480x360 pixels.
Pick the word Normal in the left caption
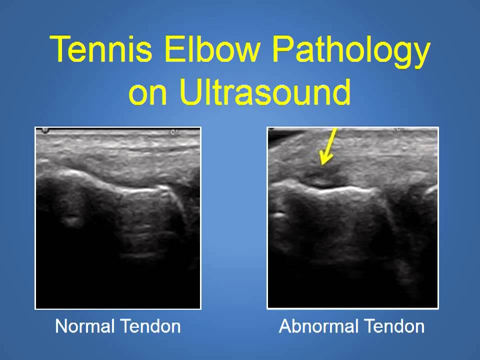(x=84, y=326)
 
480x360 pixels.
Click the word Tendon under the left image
(x=150, y=326)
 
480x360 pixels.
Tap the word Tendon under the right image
(x=394, y=326)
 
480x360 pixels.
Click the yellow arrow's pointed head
(x=324, y=161)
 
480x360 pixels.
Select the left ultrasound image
(x=118, y=217)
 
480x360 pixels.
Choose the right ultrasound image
(x=353, y=217)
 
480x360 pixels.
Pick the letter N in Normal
(x=61, y=326)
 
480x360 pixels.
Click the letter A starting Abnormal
(x=284, y=326)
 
